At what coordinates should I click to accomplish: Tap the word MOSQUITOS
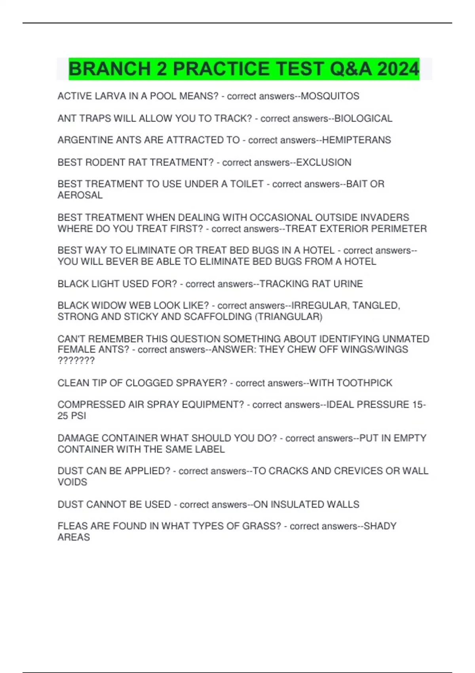330,96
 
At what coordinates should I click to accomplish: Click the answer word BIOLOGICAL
363,118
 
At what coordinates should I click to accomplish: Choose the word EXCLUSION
324,162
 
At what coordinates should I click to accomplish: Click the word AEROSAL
80,195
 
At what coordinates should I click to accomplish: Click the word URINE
348,284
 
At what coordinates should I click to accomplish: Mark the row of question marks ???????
76,361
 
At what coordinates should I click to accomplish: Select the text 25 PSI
72,416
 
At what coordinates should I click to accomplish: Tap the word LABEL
210,449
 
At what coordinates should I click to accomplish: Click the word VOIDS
72,482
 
